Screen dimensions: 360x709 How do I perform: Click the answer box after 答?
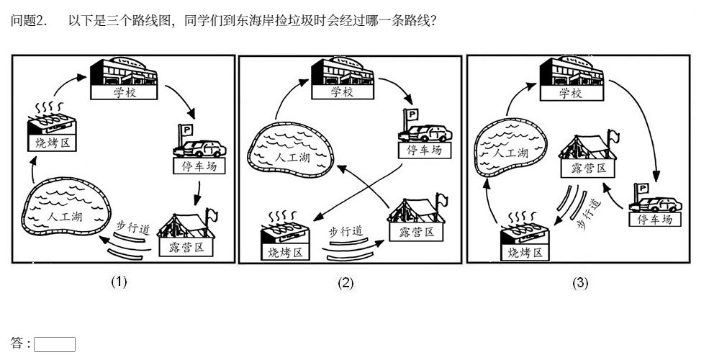[x=55, y=344]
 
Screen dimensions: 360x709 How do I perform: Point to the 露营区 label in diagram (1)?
[x=184, y=247]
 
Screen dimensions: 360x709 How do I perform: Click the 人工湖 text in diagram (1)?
[x=63, y=215]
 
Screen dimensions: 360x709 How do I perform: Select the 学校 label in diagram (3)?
[x=570, y=94]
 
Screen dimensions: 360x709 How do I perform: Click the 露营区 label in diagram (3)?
[x=589, y=169]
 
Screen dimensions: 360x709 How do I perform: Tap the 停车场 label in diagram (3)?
[x=654, y=219]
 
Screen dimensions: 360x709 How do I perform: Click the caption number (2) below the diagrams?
[x=346, y=283]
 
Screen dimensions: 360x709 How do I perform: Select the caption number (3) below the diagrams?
[x=579, y=283]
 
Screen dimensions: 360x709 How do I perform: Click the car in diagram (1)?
[x=202, y=148]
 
